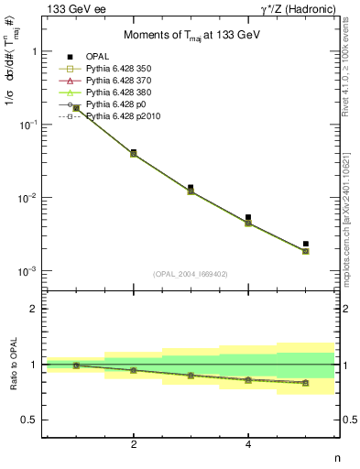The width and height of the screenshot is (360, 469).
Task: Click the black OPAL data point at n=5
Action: (306, 244)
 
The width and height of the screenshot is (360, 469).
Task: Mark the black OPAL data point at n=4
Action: (248, 217)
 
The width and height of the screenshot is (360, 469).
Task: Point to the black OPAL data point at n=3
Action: (191, 188)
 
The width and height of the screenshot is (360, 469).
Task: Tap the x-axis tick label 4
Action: (248, 444)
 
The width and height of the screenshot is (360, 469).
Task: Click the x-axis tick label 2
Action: (134, 444)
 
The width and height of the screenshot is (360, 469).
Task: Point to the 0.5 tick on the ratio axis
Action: (32, 420)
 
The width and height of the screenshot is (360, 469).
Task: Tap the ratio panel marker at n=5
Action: (306, 383)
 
